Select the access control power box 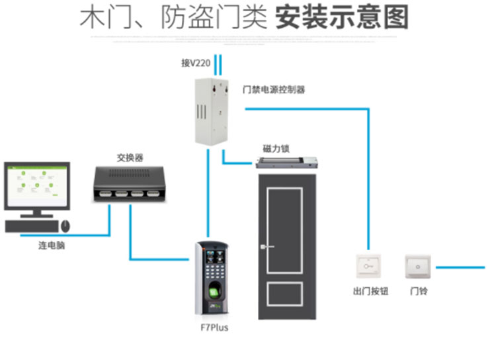(x=212, y=109)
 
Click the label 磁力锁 (x=276, y=149)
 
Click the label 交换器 (x=130, y=157)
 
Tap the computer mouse (x=66, y=226)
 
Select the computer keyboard (x=31, y=226)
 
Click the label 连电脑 (x=52, y=246)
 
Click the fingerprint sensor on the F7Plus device (x=214, y=292)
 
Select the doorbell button (x=417, y=266)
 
